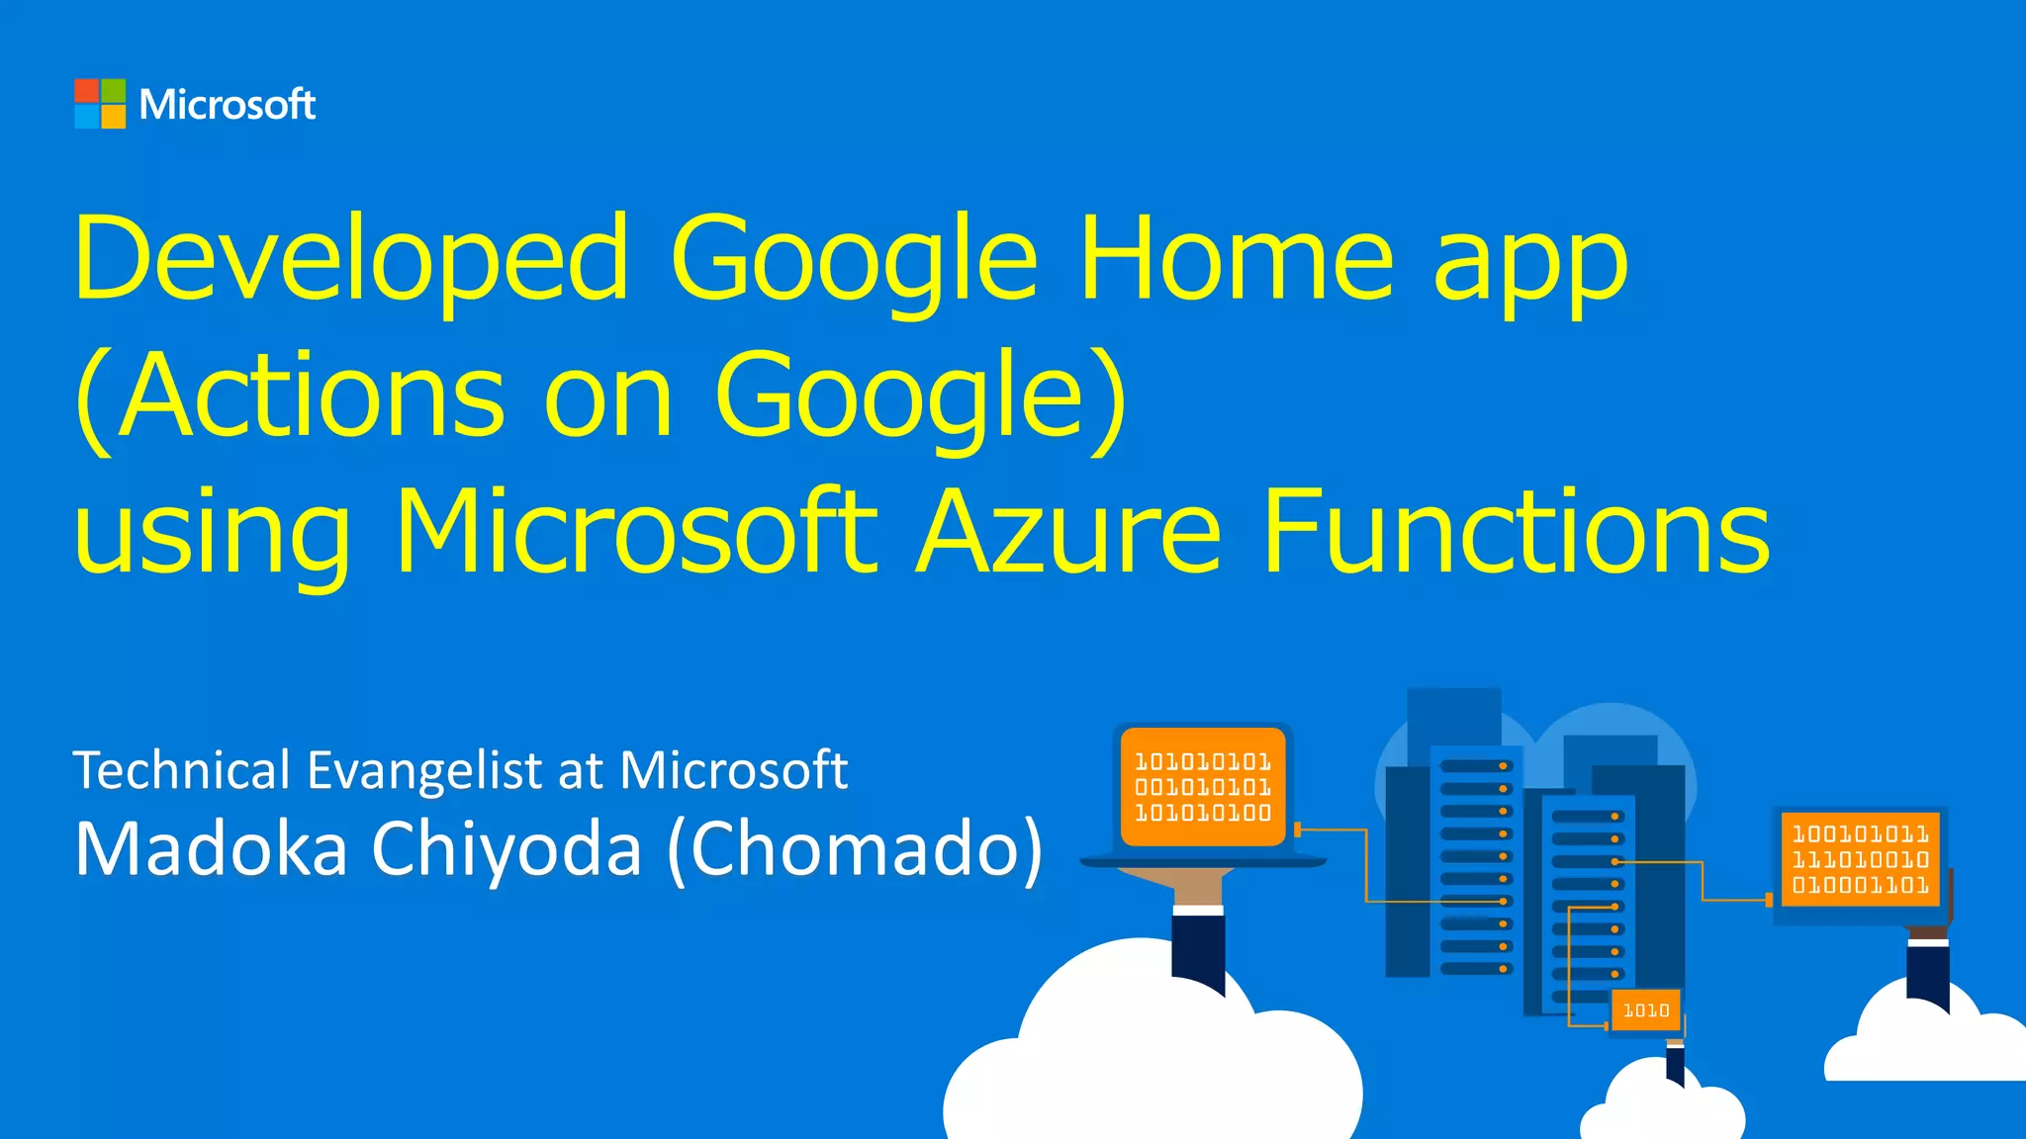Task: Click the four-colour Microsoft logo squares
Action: [x=100, y=104]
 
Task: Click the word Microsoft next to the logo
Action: [x=228, y=105]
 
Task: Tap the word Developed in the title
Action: [x=351, y=259]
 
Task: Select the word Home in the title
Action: [x=1236, y=259]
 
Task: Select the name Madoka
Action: [x=211, y=849]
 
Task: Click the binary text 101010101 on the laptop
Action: [x=1202, y=762]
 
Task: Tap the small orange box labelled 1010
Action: [x=1646, y=1010]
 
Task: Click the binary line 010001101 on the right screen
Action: [x=1860, y=885]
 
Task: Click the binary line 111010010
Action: [x=1860, y=860]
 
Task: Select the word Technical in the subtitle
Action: [x=182, y=770]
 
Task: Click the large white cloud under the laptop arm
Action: [x=1148, y=1058]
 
